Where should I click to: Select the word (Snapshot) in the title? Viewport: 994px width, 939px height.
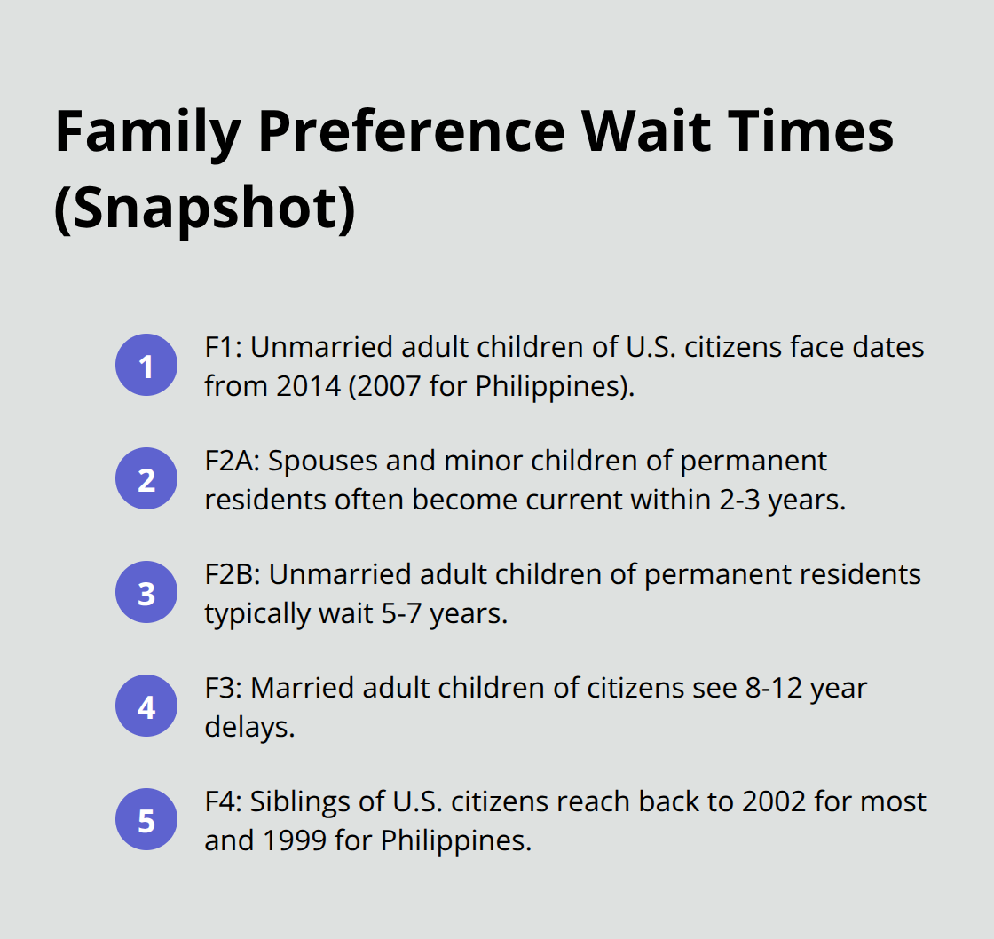click(x=205, y=210)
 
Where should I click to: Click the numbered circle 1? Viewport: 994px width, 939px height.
click(x=146, y=366)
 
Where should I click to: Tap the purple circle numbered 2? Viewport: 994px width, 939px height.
click(x=146, y=479)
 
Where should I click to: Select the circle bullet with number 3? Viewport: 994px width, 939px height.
click(x=146, y=594)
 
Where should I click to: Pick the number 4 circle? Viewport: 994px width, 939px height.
click(x=146, y=707)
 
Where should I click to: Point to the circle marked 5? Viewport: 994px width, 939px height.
click(x=146, y=821)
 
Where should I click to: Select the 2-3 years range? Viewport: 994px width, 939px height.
click(x=746, y=500)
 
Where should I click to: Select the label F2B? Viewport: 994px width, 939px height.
click(x=232, y=574)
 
